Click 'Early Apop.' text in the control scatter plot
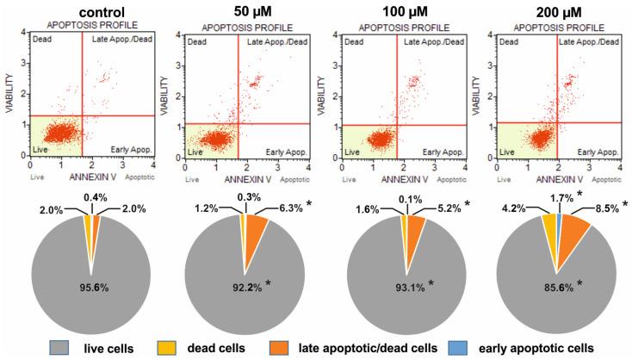pyautogui.click(x=128, y=148)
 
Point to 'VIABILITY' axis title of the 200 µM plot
pyautogui.click(x=479, y=95)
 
